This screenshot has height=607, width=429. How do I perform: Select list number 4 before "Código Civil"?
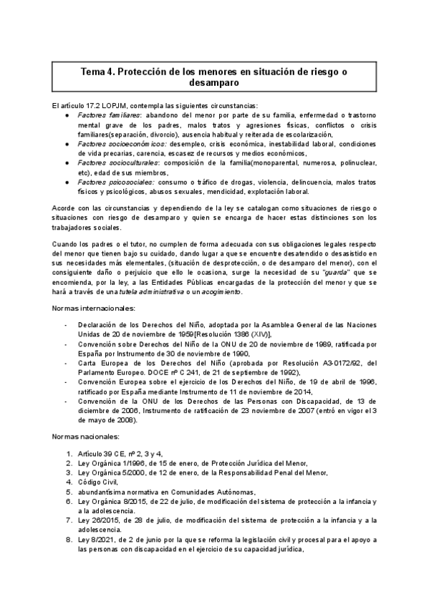coord(69,482)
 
